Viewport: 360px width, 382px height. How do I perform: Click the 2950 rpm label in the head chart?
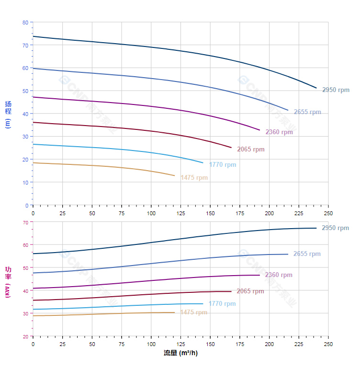(x=336, y=90)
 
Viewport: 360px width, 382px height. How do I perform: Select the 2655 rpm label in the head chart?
(x=307, y=112)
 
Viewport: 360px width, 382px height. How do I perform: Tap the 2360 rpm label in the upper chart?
(x=279, y=132)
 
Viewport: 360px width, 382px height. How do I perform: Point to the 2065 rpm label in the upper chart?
(x=251, y=150)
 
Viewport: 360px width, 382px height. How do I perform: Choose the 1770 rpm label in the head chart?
(x=223, y=165)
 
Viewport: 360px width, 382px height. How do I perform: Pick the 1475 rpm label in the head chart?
(x=194, y=178)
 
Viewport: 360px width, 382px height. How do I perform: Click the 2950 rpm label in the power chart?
(x=336, y=228)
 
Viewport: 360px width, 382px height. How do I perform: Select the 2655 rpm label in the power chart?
(x=307, y=254)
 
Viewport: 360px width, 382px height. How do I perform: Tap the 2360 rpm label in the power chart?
(x=279, y=275)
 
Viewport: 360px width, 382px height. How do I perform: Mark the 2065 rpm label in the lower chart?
(x=250, y=291)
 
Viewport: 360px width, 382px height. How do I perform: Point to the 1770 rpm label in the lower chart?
(x=222, y=304)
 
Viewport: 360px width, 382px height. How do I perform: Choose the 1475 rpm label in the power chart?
(x=194, y=313)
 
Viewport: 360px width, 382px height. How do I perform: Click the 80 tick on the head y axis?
(x=25, y=23)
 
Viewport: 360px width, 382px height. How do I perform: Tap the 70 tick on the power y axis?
(x=25, y=222)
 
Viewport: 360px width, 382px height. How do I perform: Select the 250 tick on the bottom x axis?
(x=328, y=344)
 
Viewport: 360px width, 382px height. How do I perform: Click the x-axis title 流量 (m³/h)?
(x=180, y=353)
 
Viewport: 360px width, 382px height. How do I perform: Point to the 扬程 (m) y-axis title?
(x=8, y=114)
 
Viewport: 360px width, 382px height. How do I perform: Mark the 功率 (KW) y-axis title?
(x=8, y=282)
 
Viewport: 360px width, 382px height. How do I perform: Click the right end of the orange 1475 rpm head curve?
(x=175, y=175)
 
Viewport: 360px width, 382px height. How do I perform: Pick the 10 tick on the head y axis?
(x=26, y=182)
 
